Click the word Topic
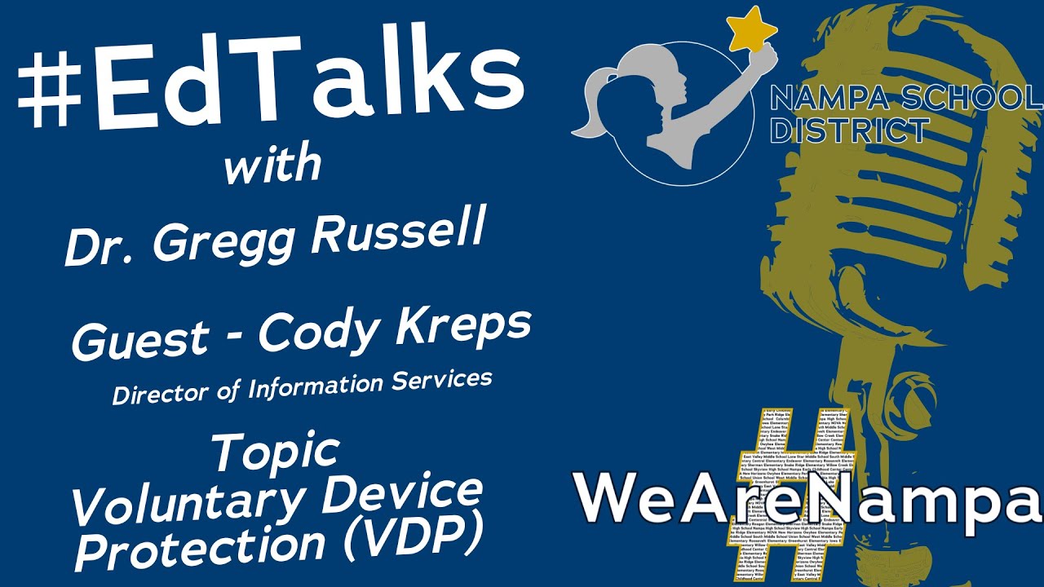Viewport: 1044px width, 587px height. tap(276, 450)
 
